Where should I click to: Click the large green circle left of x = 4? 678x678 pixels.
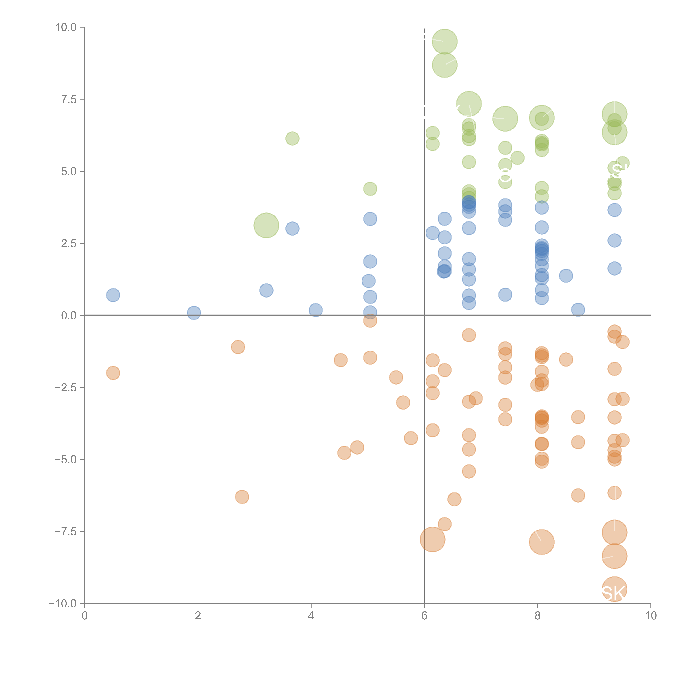[x=266, y=225]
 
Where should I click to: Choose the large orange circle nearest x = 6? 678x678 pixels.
[x=432, y=539]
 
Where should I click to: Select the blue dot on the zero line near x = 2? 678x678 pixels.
[x=194, y=313]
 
